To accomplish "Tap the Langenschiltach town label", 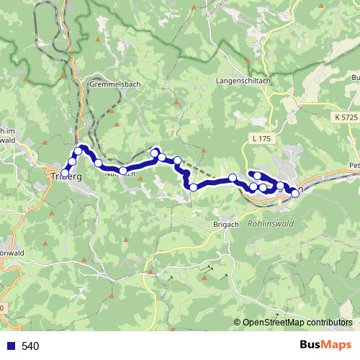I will [243, 81].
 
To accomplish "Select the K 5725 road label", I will [346, 117].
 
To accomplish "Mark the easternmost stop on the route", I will [295, 192].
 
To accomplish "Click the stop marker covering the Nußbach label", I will [123, 171].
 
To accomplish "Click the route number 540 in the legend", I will [30, 346].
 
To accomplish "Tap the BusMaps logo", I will [325, 346].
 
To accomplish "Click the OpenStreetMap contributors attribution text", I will [297, 323].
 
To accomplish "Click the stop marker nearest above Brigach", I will [193, 187].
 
